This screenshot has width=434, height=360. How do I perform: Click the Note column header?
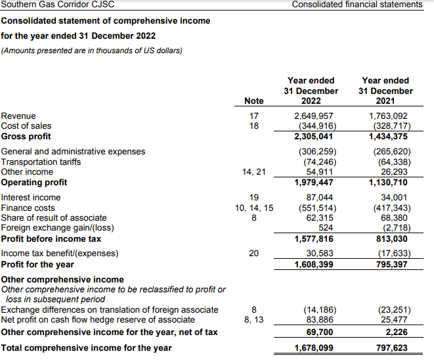253,101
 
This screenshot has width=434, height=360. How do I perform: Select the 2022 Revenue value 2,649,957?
313,116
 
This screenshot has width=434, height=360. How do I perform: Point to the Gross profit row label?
26,136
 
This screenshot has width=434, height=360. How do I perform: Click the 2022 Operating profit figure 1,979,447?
313,182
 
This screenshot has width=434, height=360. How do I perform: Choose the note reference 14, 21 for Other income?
253,172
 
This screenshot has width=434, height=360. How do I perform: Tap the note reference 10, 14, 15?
253,208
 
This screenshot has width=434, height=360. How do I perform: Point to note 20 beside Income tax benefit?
253,254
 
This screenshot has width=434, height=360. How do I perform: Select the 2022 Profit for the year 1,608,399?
313,265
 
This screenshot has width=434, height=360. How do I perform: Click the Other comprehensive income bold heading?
62,279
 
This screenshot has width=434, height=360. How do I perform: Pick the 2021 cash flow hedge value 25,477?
394,320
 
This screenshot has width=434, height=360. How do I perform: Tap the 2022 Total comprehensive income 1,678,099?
313,348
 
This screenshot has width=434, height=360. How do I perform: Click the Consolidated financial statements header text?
357,5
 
